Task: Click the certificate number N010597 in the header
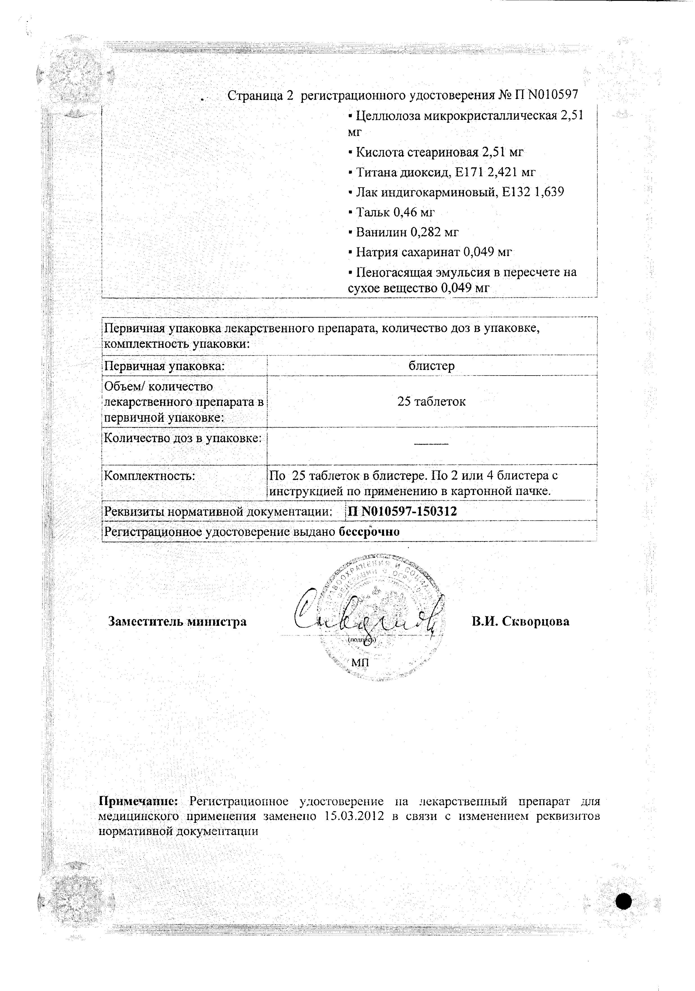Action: pos(552,95)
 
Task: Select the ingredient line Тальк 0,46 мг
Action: pos(391,212)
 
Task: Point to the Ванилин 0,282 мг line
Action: pos(403,232)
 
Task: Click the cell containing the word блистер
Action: pos(432,366)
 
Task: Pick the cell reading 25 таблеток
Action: pos(432,401)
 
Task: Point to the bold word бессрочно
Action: pos(369,531)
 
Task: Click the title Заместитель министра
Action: pos(177,622)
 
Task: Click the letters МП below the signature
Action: pos(360,662)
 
